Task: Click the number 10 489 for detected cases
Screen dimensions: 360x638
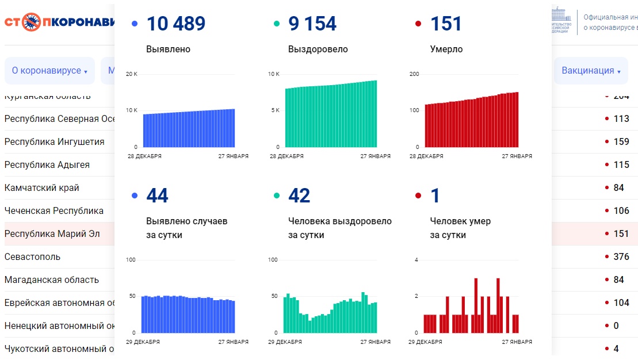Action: [x=175, y=24]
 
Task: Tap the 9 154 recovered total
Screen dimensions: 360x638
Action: [x=312, y=24]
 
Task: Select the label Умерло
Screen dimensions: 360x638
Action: [x=446, y=49]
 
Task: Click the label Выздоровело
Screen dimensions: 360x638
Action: [x=318, y=49]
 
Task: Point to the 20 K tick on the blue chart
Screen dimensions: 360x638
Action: [x=132, y=74]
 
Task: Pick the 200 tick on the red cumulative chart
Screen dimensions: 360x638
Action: [x=414, y=74]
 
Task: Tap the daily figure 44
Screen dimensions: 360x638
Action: [x=157, y=196]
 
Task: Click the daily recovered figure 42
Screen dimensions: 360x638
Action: [x=299, y=196]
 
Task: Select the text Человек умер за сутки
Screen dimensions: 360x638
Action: [x=460, y=228]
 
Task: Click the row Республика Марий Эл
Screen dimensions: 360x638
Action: [x=52, y=234]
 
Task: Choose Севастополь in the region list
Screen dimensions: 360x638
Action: [x=32, y=257]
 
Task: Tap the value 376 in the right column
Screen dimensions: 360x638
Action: [x=621, y=257]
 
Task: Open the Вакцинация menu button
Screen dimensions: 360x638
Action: [x=591, y=71]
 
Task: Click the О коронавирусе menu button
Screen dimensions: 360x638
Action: [x=49, y=71]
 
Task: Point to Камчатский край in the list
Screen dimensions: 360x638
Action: [x=42, y=188]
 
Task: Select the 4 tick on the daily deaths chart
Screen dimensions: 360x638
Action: [x=417, y=261]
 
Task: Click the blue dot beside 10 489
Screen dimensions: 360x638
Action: [x=135, y=24]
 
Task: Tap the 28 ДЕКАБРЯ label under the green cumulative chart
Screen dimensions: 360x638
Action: [x=286, y=156]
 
